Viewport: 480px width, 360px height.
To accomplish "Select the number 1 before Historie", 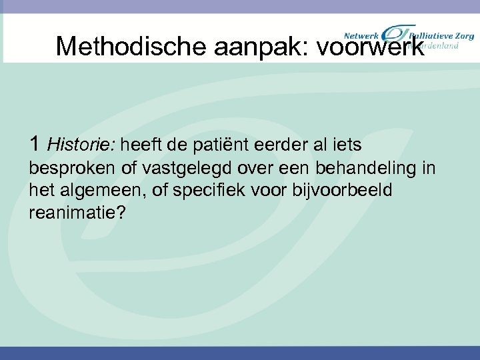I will (x=35, y=143).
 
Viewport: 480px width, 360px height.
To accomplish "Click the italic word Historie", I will (x=82, y=143).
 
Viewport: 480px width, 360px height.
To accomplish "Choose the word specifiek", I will (x=207, y=191).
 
